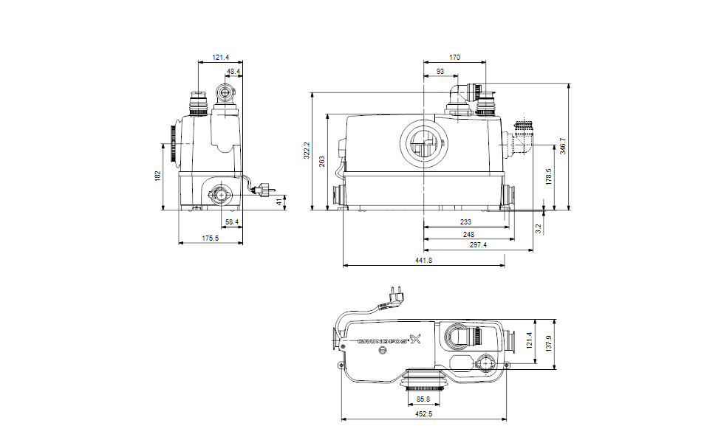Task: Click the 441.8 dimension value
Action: click(423, 260)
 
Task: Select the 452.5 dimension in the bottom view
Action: click(423, 414)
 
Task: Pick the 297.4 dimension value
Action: click(478, 245)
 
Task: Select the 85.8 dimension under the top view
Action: click(423, 399)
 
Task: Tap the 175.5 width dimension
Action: click(211, 238)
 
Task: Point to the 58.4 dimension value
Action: click(232, 221)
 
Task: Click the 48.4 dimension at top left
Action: click(233, 72)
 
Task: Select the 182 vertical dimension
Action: click(157, 176)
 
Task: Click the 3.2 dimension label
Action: click(538, 228)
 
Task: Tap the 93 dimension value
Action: click(440, 72)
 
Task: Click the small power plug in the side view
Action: click(262, 191)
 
